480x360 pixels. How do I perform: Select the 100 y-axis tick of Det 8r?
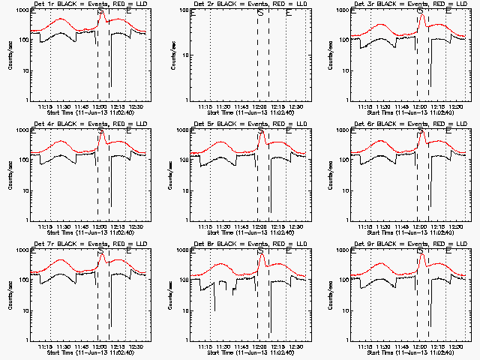[183, 280]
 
